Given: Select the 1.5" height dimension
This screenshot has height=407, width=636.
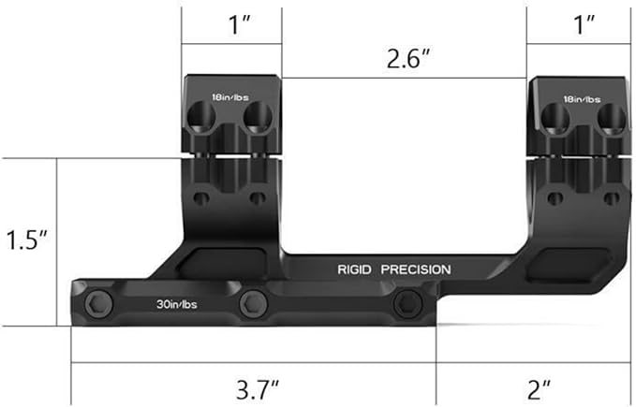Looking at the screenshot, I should click(x=26, y=240).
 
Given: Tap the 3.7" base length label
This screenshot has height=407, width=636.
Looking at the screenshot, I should click(x=253, y=386).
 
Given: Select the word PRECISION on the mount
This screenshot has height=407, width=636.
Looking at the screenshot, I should click(x=415, y=269).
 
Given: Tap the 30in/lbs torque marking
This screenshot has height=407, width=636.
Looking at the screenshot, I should click(x=177, y=303).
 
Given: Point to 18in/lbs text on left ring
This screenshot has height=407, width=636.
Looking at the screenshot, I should click(x=231, y=97).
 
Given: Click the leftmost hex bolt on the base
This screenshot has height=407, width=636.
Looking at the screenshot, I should click(x=98, y=303).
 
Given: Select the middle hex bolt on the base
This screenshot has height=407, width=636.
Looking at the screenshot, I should click(x=250, y=303).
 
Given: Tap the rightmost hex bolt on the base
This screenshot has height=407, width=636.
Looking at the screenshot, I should click(x=406, y=302).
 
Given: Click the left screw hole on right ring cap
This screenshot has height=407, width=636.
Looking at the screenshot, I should click(x=558, y=117).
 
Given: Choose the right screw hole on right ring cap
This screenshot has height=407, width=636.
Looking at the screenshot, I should click(x=610, y=117).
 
